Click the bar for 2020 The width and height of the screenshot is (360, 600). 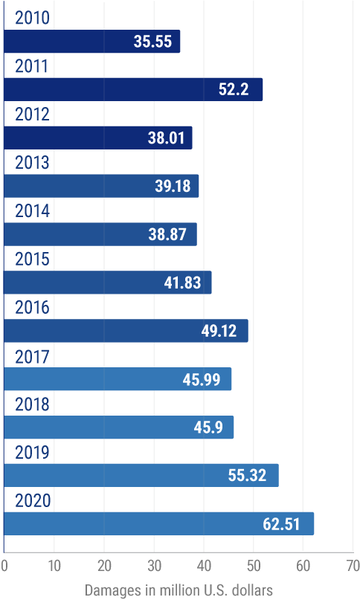tap(159, 523)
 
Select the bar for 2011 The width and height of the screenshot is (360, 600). tap(133, 89)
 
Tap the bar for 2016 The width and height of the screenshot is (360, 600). tap(126, 331)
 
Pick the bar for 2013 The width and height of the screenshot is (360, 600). tap(101, 186)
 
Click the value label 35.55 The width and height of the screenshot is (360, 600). tap(152, 42)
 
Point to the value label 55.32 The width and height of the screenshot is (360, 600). tap(248, 476)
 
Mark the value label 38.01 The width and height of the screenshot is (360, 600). tap(166, 138)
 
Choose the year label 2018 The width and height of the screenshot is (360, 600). tap(32, 405)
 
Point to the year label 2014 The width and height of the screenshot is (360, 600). tap(32, 211)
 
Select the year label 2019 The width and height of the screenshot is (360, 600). tap(32, 454)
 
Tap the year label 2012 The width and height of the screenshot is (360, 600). tap(32, 114)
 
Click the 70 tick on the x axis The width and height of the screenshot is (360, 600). tap(352, 565)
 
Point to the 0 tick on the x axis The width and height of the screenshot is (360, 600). tap(4, 565)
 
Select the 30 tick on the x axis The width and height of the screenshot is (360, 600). tap(153, 565)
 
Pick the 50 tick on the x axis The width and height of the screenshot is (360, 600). tap(253, 565)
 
